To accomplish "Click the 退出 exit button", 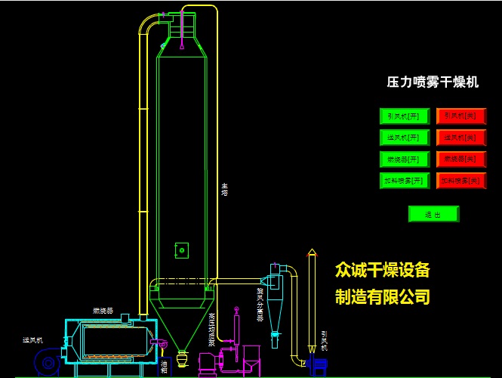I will pyautogui.click(x=433, y=214).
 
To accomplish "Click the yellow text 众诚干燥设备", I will pyautogui.click(x=383, y=271).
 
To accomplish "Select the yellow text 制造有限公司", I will pyautogui.click(x=383, y=296).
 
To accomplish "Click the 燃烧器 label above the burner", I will pyautogui.click(x=103, y=311).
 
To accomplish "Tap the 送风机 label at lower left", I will pyautogui.click(x=32, y=341).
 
